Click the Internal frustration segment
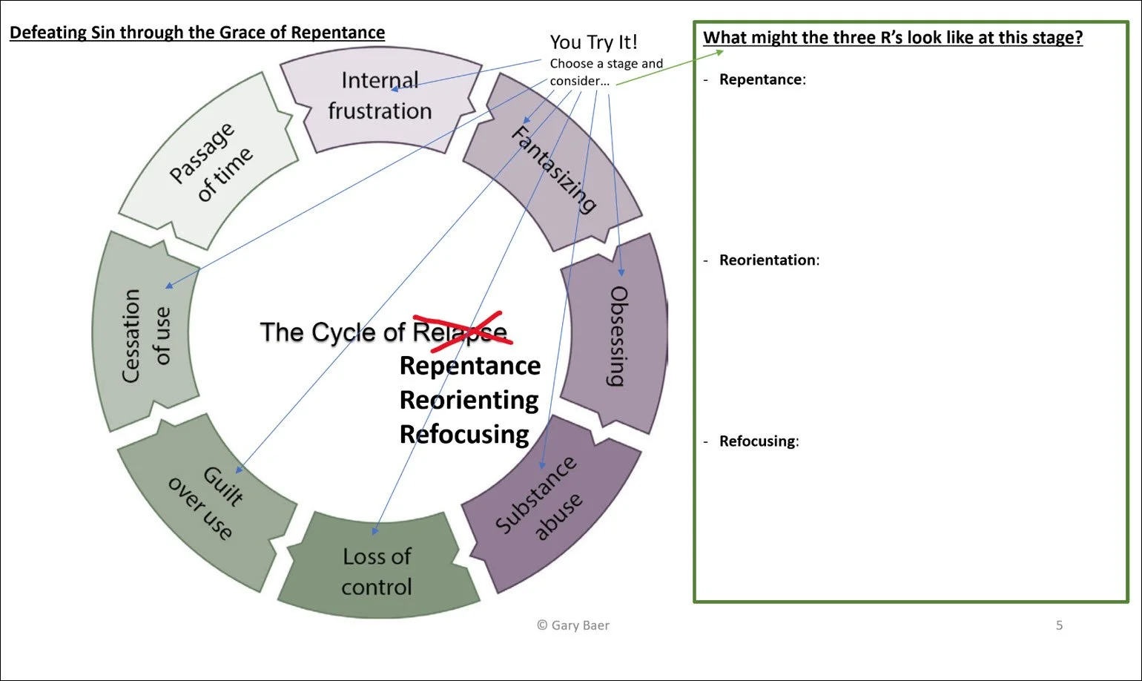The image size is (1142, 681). pyautogui.click(x=380, y=96)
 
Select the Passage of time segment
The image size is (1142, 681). pyautogui.click(x=209, y=162)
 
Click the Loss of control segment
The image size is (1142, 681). pyautogui.click(x=377, y=571)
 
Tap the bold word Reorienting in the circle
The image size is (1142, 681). pyautogui.click(x=469, y=400)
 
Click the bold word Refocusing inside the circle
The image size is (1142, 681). pyautogui.click(x=464, y=434)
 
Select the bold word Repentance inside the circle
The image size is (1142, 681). pyautogui.click(x=470, y=366)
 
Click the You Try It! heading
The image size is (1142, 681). pyautogui.click(x=593, y=42)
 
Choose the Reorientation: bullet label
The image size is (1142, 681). pyautogui.click(x=768, y=260)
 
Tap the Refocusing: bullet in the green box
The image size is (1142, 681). pyautogui.click(x=759, y=441)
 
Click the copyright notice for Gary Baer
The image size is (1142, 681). pyautogui.click(x=573, y=625)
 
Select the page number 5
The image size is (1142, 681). pyautogui.click(x=1059, y=625)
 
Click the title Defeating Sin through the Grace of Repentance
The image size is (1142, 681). pyautogui.click(x=197, y=33)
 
